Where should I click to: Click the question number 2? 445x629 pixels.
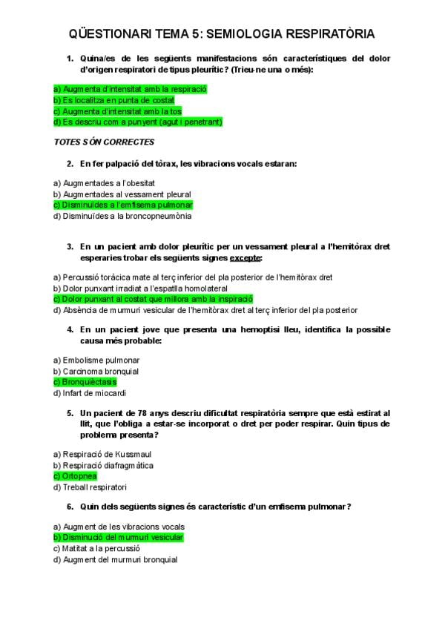(x=70, y=163)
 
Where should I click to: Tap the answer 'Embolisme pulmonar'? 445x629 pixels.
(x=91, y=360)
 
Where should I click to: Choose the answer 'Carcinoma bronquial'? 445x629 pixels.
(x=91, y=371)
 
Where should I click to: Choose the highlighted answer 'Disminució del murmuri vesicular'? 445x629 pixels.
(x=119, y=537)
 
